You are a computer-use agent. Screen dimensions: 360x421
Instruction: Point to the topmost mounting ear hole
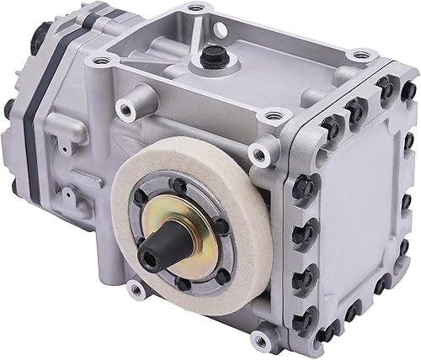click(x=196, y=8)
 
